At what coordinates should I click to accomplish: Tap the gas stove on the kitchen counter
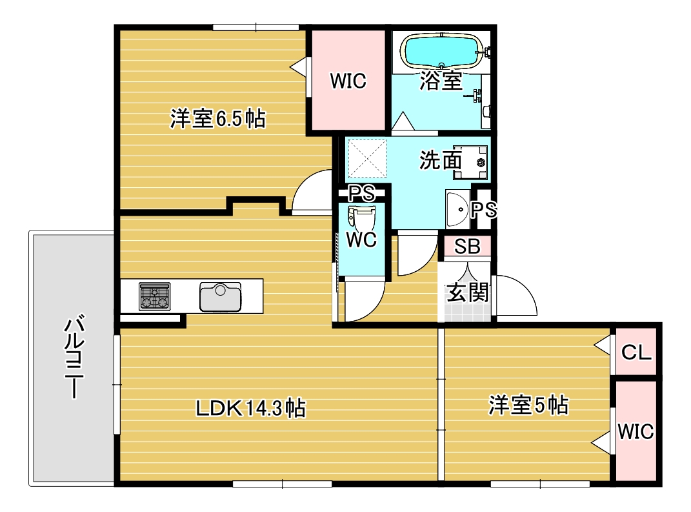[155, 296]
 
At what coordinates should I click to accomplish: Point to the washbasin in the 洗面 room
[457, 208]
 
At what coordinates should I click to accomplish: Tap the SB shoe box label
[466, 246]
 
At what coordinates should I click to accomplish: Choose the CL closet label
[636, 353]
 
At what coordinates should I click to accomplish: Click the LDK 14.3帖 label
[251, 407]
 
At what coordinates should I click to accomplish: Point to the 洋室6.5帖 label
[217, 119]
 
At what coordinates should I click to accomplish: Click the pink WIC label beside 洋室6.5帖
[348, 81]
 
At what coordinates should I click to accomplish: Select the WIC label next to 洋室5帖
[636, 431]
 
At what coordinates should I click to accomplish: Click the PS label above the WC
[361, 193]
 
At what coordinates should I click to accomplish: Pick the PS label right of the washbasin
[483, 209]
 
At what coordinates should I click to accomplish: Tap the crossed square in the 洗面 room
[367, 159]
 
